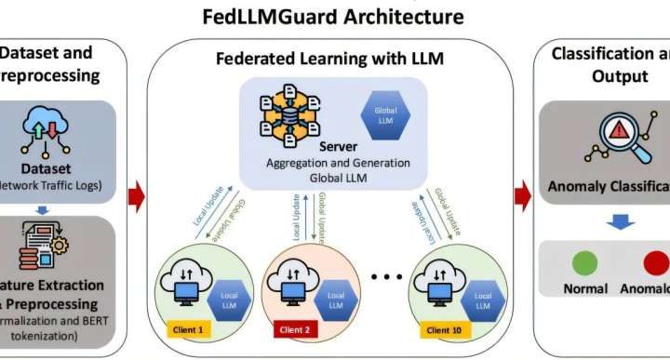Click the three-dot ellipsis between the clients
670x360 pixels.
pyautogui.click(x=389, y=276)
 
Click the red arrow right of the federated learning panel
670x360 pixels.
pyautogui.click(x=523, y=194)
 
